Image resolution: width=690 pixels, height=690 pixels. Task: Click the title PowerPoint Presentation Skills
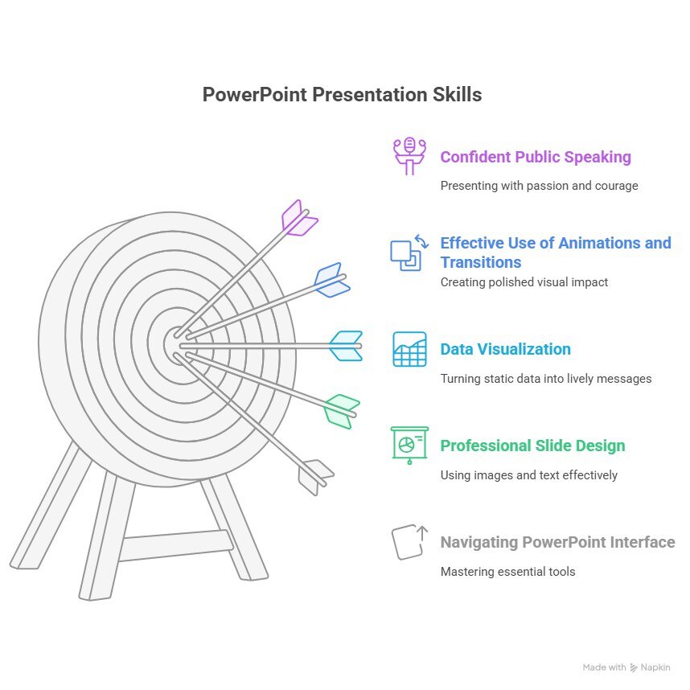point(342,95)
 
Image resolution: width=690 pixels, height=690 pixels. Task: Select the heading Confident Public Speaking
point(536,157)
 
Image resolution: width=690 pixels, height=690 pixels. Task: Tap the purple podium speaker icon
point(409,156)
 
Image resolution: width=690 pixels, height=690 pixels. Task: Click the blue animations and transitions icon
point(409,253)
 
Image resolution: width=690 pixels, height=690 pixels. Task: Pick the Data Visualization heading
point(506,349)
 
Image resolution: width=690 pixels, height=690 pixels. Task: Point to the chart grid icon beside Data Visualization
point(409,349)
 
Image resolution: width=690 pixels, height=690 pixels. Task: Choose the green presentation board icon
point(409,446)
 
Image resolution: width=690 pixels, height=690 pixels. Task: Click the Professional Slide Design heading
point(532,446)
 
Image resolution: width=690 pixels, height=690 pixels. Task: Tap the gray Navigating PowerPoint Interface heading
point(557,542)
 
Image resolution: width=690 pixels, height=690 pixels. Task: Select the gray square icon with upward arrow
point(409,542)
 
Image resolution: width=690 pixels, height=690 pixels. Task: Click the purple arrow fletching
point(299,219)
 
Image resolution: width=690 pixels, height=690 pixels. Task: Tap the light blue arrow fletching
point(347,346)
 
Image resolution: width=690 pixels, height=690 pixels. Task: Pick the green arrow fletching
point(342,412)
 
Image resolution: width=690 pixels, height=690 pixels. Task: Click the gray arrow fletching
point(315,478)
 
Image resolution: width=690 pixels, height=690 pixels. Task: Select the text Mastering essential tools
point(507,572)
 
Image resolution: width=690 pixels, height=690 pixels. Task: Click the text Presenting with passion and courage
point(539,186)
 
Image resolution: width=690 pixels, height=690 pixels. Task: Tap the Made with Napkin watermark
point(626,667)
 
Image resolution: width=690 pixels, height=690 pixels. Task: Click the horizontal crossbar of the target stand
point(176,546)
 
